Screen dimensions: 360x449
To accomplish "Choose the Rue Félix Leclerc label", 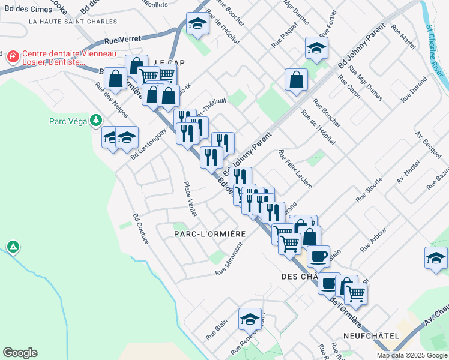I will [x=295, y=169].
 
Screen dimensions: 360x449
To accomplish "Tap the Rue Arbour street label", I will [x=373, y=239].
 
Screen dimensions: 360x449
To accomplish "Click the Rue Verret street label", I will [x=122, y=40].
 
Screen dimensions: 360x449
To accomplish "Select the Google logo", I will [x=20, y=353].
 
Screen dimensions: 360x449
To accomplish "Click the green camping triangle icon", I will [x=13, y=247].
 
